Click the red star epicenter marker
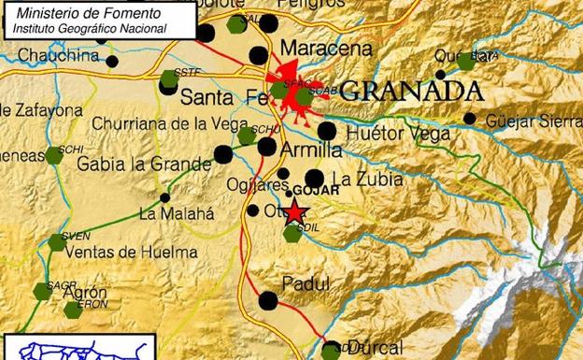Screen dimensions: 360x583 (x=295, y=213)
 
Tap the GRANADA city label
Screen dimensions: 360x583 (x=411, y=92)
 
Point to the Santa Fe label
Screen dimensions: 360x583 (x=217, y=95)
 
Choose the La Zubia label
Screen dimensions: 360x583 (x=361, y=178)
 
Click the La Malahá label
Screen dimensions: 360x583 (x=177, y=213)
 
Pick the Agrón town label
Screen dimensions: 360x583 (x=85, y=292)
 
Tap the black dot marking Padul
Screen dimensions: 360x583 (x=268, y=300)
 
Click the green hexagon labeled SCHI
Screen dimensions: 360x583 (x=54, y=155)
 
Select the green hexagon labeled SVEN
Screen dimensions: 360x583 (x=58, y=242)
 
